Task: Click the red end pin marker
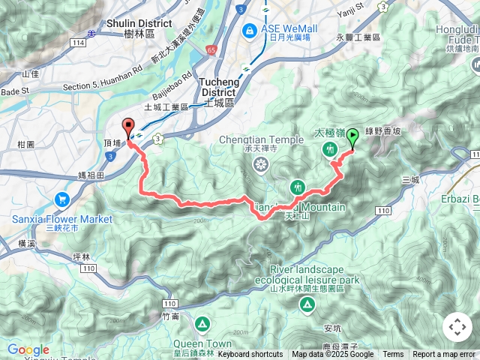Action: (x=127, y=127)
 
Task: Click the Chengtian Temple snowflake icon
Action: (x=259, y=164)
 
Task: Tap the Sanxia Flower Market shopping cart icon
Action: (x=61, y=199)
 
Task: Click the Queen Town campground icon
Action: (x=202, y=325)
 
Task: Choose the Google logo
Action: (x=28, y=349)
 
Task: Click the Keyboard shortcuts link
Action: (x=250, y=355)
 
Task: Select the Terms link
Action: (x=393, y=355)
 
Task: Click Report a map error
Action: (x=445, y=355)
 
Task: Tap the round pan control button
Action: (x=457, y=328)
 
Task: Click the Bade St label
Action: (x=14, y=90)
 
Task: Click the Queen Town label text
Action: (x=201, y=345)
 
